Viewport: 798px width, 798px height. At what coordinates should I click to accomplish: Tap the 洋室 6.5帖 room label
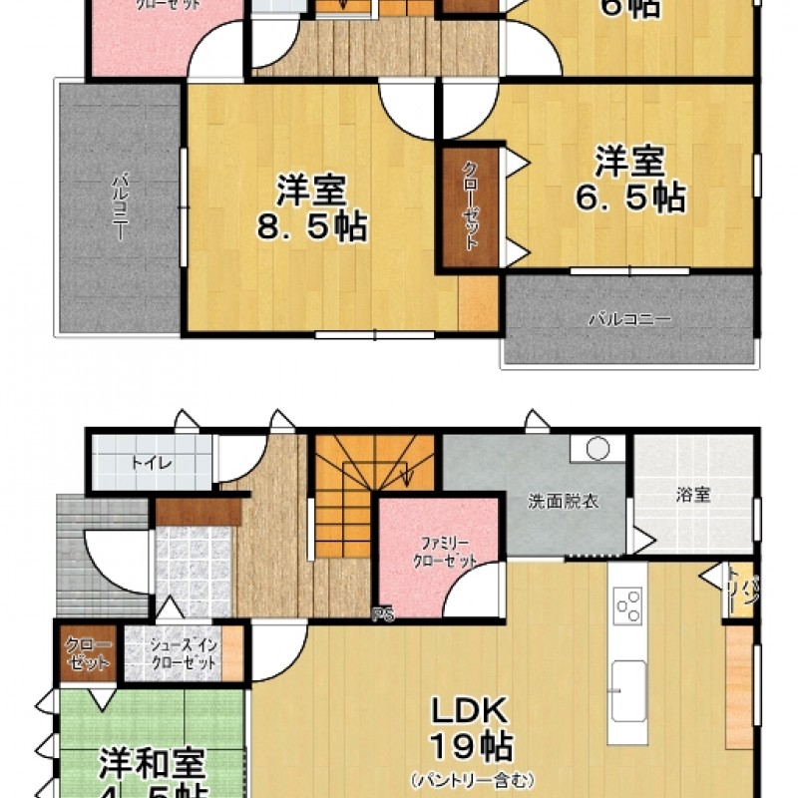pyautogui.click(x=629, y=179)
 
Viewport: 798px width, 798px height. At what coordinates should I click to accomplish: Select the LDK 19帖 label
pyautogui.click(x=471, y=728)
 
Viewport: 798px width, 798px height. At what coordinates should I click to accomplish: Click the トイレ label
pyautogui.click(x=151, y=463)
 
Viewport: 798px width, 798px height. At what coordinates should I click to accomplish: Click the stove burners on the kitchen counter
pyautogui.click(x=629, y=605)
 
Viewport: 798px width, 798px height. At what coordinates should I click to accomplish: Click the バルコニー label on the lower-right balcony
pyautogui.click(x=628, y=320)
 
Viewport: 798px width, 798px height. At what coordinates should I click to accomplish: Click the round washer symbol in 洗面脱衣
pyautogui.click(x=598, y=449)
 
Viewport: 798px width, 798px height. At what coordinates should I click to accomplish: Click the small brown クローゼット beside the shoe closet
pyautogui.click(x=89, y=654)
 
